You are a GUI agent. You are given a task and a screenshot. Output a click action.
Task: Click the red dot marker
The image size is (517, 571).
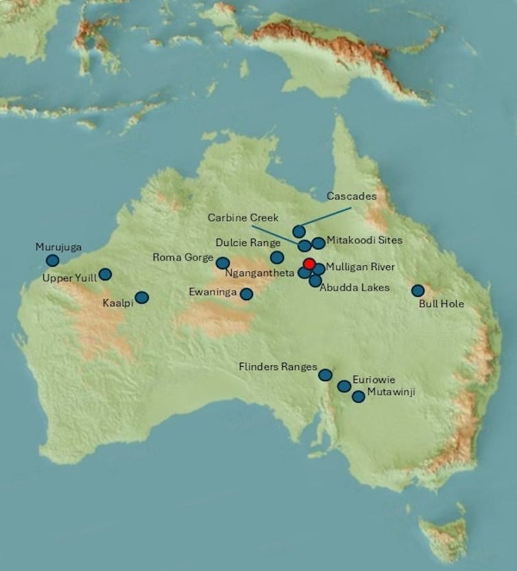point(309,264)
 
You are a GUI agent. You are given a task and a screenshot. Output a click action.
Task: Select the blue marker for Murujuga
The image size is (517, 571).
point(53,260)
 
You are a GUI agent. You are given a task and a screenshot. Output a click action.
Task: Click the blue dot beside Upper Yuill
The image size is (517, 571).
point(105,274)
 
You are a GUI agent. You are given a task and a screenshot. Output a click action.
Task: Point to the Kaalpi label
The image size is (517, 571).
point(117,302)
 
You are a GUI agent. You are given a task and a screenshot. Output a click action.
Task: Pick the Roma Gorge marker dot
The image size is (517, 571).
point(223,263)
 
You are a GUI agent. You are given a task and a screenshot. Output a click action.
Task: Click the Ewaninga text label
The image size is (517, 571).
point(213,292)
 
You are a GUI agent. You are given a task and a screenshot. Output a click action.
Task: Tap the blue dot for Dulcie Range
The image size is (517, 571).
point(277,257)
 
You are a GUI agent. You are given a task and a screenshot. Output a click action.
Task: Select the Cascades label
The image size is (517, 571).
point(351,196)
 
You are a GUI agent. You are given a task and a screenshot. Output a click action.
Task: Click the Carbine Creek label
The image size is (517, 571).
point(243,218)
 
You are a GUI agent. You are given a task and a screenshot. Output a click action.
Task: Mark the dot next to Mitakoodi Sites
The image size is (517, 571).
point(319,243)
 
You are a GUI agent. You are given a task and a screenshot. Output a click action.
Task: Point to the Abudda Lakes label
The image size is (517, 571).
point(354,287)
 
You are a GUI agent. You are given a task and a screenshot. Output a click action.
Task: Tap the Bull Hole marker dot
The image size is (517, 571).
point(418,291)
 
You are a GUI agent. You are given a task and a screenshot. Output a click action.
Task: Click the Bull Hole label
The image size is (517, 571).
point(441,304)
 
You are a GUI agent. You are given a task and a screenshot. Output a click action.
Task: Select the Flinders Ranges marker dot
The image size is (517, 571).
point(325,375)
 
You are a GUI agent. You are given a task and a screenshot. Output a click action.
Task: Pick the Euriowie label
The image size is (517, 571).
point(374,379)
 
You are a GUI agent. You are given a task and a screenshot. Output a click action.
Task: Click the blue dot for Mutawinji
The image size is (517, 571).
point(358,396)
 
